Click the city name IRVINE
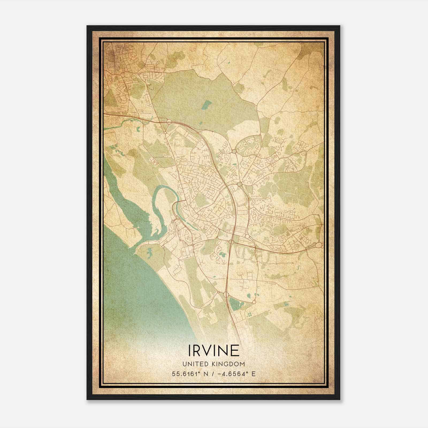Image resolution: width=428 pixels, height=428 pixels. (214, 350)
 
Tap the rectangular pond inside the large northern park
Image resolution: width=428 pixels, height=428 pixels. (206, 105)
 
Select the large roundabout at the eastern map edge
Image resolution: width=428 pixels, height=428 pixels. (319, 245)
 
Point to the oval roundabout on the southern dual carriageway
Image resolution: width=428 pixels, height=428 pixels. (226, 295)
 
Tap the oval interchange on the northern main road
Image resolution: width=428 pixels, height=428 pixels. (169, 122)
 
